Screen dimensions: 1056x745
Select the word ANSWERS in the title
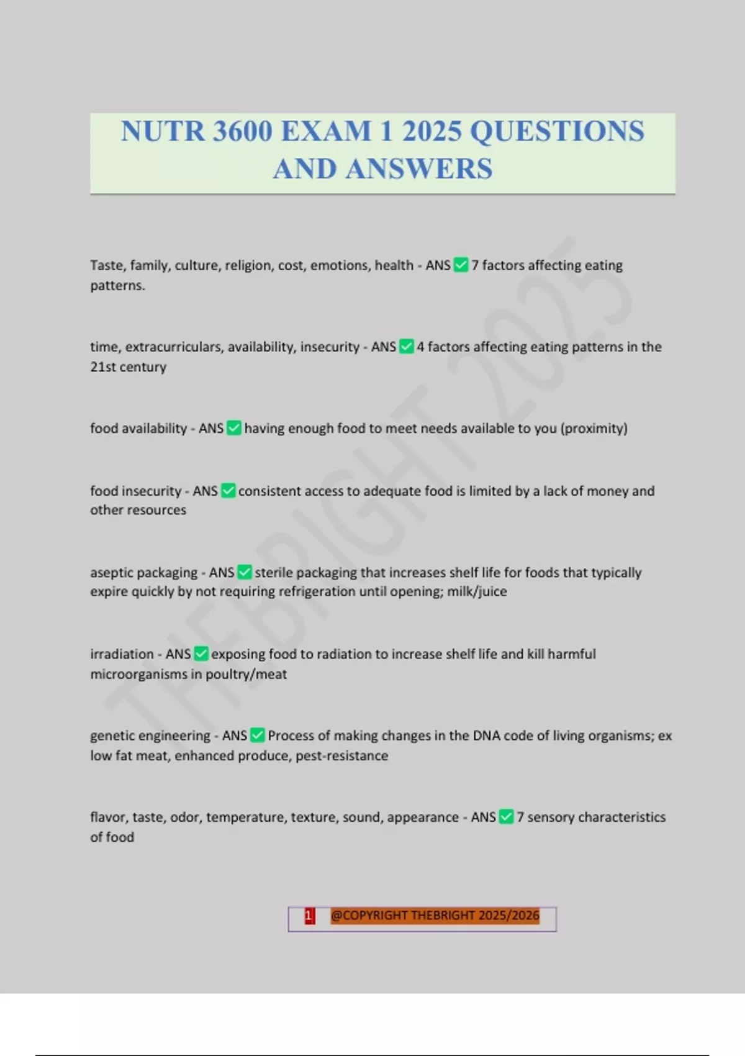pyautogui.click(x=419, y=169)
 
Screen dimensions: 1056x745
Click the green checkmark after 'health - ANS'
pyautogui.click(x=461, y=265)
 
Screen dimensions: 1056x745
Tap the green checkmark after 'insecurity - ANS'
pyautogui.click(x=406, y=347)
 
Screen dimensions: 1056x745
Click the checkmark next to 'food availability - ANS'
pyautogui.click(x=233, y=428)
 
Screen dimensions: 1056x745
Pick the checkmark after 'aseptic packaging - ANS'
pyautogui.click(x=245, y=572)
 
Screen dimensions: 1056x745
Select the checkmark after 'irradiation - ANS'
pyautogui.click(x=201, y=653)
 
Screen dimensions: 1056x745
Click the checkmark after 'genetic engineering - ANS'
pyautogui.click(x=257, y=735)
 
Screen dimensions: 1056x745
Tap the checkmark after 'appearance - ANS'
pyautogui.click(x=506, y=817)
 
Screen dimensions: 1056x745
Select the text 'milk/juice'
pyautogui.click(x=477, y=591)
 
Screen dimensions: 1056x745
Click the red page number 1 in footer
pyautogui.click(x=309, y=916)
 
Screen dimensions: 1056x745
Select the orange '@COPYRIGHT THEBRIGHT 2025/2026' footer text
pyautogui.click(x=435, y=916)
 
